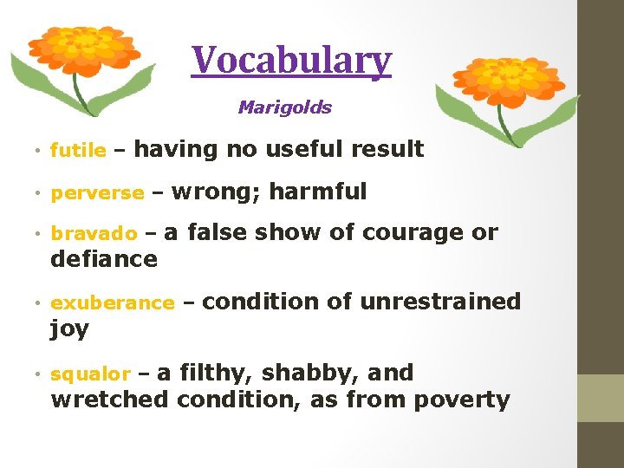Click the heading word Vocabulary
292,61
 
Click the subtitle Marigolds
284,107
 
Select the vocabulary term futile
78,151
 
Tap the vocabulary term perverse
97,193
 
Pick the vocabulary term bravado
94,234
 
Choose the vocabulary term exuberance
113,303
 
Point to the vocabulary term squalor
90,374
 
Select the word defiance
104,258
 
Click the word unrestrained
439,302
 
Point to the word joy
69,329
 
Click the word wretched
110,400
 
